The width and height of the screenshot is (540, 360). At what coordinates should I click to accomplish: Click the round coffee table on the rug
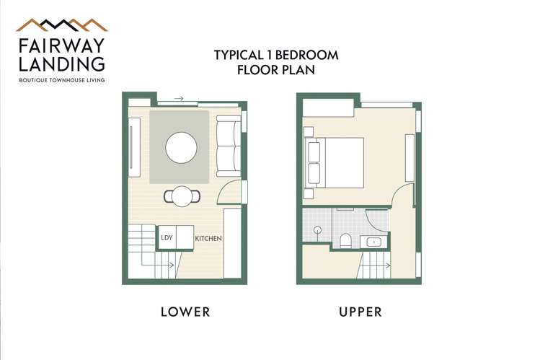[181, 148]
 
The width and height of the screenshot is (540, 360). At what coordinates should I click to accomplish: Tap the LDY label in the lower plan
[167, 237]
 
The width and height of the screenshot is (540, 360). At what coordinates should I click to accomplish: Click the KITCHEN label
[208, 238]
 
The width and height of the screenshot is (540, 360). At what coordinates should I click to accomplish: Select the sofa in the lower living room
[229, 147]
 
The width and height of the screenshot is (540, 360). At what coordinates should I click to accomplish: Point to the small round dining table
[182, 196]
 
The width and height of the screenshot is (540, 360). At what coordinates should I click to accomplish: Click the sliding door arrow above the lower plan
[178, 99]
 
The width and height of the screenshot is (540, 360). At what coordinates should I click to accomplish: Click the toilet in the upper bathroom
[345, 240]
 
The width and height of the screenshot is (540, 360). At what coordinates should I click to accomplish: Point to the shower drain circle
[317, 230]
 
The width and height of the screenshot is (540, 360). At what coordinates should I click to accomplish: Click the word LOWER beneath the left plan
[185, 312]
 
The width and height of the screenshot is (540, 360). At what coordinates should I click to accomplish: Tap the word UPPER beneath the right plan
[360, 312]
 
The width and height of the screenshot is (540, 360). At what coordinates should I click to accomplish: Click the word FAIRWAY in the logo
[61, 45]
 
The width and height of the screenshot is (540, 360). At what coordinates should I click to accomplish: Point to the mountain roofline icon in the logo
[61, 25]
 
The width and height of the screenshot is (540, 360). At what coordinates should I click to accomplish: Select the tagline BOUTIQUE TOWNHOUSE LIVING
[62, 80]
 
